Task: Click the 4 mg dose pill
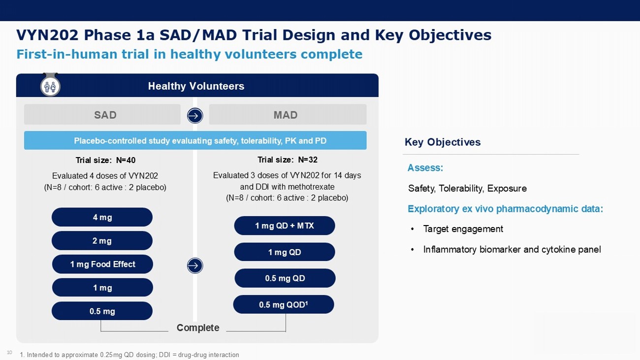pyautogui.click(x=102, y=217)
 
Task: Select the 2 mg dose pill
pyautogui.click(x=102, y=241)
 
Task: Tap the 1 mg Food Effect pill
pyautogui.click(x=102, y=264)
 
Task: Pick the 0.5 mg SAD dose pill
pyautogui.click(x=102, y=311)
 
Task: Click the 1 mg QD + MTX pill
pyautogui.click(x=285, y=226)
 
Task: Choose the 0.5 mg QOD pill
pyautogui.click(x=284, y=305)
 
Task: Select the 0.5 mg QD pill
pyautogui.click(x=285, y=278)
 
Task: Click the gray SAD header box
pyautogui.click(x=102, y=115)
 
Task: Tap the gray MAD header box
pyautogui.click(x=288, y=115)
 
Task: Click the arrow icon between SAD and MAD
pyautogui.click(x=195, y=116)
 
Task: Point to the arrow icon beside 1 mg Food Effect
pyautogui.click(x=195, y=266)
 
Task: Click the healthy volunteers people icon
pyautogui.click(x=50, y=86)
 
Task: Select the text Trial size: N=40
pyautogui.click(x=105, y=160)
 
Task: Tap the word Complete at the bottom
pyautogui.click(x=198, y=328)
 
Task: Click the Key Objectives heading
pyautogui.click(x=443, y=142)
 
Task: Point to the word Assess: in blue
pyautogui.click(x=425, y=168)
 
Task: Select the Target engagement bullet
pyautogui.click(x=463, y=229)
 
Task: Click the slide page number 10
pyautogui.click(x=9, y=352)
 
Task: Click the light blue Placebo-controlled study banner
pyautogui.click(x=195, y=141)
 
